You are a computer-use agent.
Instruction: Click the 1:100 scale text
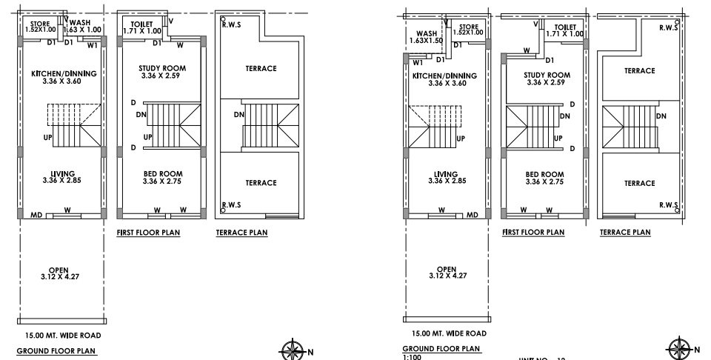411,356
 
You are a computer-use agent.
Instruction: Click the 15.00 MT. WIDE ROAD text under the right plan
444,333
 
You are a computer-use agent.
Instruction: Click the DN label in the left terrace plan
239,115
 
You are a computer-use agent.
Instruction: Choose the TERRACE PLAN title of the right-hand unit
625,233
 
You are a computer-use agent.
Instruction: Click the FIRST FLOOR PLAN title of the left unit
149,233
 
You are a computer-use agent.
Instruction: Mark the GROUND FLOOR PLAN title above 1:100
441,347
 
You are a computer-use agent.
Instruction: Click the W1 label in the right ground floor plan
417,64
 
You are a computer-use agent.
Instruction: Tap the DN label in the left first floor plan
141,114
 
